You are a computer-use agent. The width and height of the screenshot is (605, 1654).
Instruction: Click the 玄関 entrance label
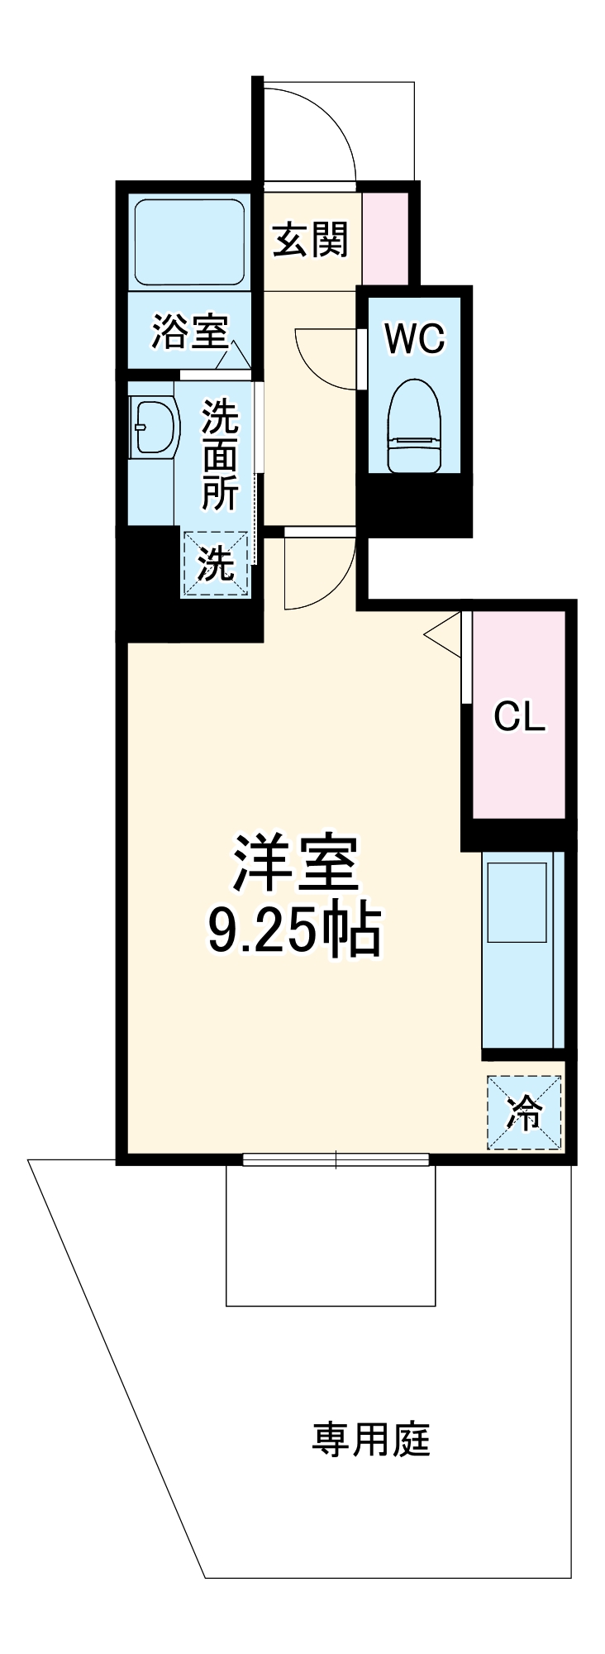point(311,241)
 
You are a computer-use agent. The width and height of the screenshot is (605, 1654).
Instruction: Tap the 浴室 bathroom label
point(189,332)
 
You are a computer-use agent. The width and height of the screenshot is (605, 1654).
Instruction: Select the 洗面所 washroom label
point(220,454)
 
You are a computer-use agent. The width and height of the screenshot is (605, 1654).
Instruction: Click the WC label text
point(415,337)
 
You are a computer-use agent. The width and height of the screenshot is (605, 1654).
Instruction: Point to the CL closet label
point(519,716)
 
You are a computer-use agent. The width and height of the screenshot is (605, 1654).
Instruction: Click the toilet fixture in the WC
point(414,426)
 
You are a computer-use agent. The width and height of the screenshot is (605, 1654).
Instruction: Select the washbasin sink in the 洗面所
point(155,427)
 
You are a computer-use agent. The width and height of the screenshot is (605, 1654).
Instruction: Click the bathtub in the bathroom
point(189,241)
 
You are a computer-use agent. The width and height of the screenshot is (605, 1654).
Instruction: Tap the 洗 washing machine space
point(216,563)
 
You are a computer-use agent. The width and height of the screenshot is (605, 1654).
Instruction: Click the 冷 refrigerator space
point(524,1112)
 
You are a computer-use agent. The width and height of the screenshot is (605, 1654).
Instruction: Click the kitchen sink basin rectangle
point(517,902)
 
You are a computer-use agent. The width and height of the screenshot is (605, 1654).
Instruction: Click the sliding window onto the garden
point(336,1159)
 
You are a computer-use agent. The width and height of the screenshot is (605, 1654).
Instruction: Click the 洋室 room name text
point(295,863)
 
